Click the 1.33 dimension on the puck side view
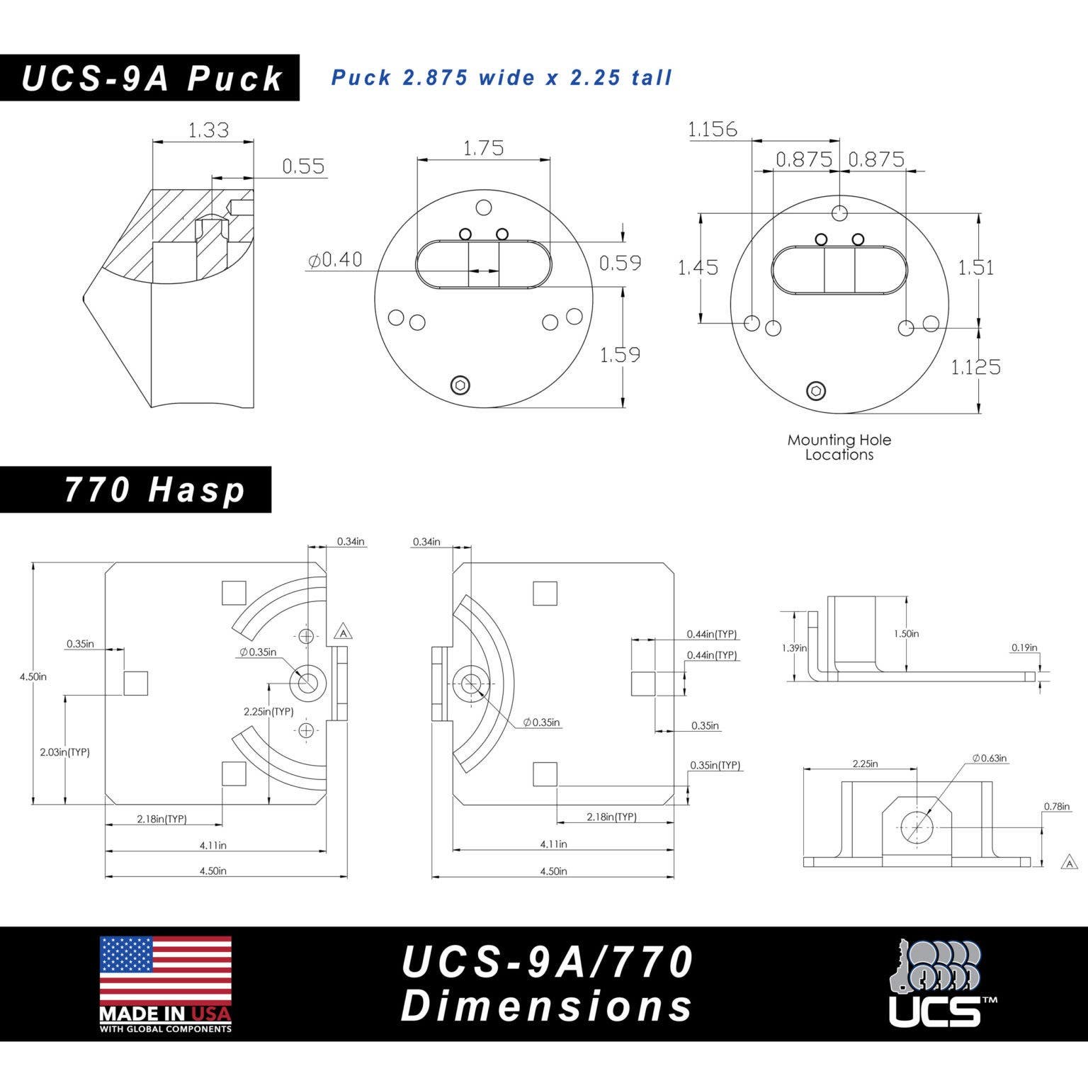208,130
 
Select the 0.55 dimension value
303,166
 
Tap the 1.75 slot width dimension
483,148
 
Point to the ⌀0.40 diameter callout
336,260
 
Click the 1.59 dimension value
620,354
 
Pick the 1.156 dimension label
713,129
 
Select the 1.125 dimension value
975,367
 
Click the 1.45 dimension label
698,267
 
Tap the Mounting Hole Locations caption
839,447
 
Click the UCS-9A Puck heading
151,78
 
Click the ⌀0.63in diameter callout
990,758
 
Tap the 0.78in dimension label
1057,806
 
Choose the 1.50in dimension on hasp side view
907,633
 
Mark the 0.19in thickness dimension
1024,647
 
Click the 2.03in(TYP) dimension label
64,752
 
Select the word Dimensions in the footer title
547,1007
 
